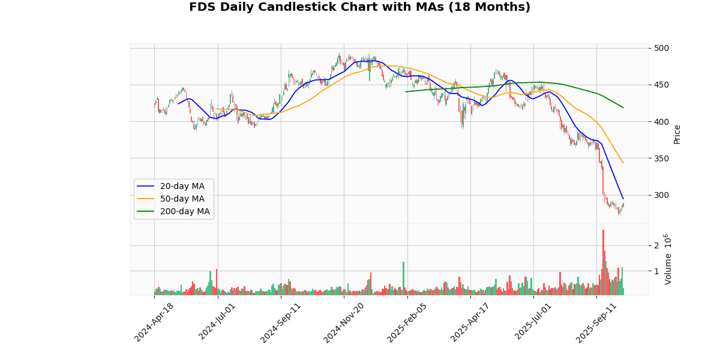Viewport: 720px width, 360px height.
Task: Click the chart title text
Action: click(x=359, y=7)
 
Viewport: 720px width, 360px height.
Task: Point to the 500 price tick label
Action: click(x=662, y=48)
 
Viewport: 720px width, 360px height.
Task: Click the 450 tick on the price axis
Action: click(x=662, y=85)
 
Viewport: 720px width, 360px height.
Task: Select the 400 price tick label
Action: click(x=662, y=122)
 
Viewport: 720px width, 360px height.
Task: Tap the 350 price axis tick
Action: click(x=662, y=158)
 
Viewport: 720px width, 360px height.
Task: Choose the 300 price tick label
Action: click(x=662, y=195)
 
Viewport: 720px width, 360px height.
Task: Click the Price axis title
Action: click(x=677, y=134)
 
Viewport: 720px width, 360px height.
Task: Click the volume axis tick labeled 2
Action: click(x=656, y=245)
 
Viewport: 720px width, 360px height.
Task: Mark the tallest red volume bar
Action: click(x=603, y=262)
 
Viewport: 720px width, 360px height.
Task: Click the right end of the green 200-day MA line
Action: click(x=623, y=107)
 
